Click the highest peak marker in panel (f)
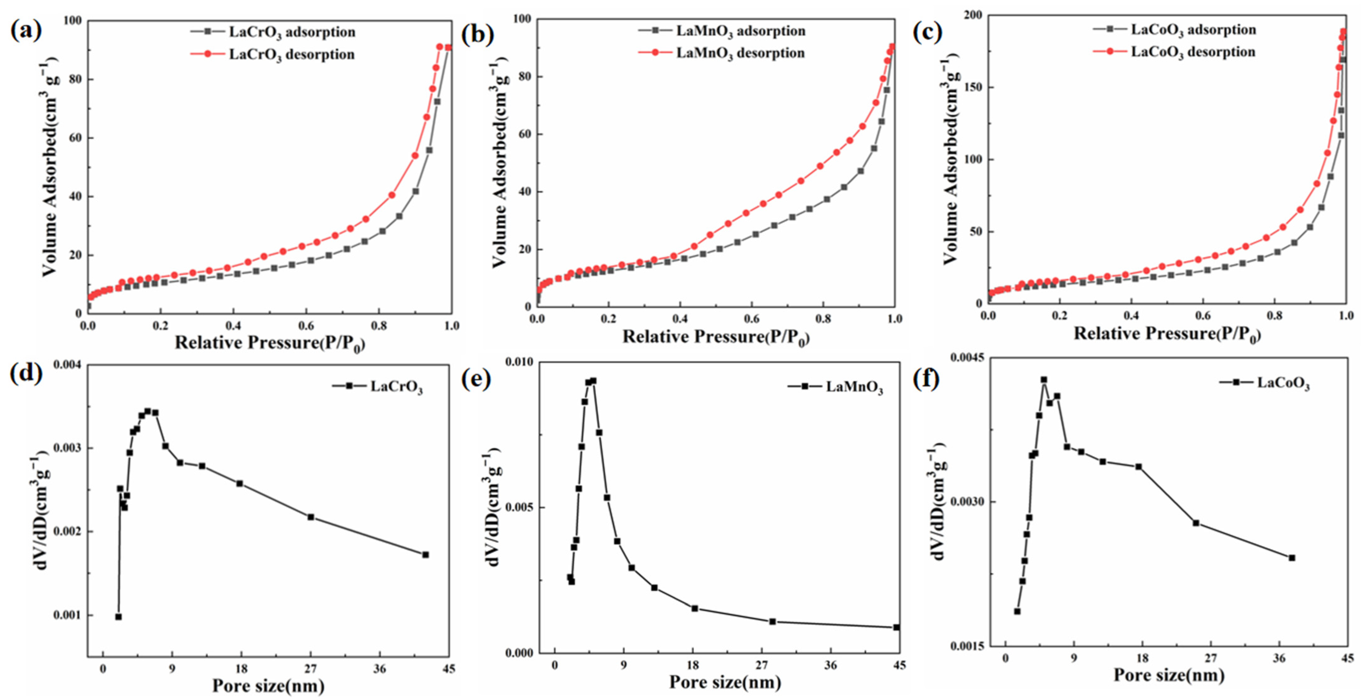click(1043, 380)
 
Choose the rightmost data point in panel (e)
click(897, 627)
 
